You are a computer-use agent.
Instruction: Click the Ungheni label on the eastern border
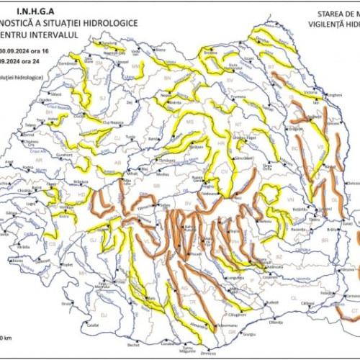[333, 94]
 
